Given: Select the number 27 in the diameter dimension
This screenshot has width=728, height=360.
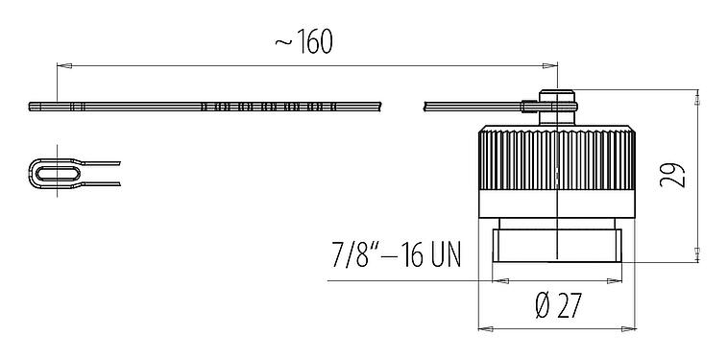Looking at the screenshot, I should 569,306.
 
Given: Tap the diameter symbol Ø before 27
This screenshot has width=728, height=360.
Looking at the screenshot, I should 540,306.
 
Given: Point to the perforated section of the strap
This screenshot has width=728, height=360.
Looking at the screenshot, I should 269,106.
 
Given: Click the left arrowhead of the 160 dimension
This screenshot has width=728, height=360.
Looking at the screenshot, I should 61,65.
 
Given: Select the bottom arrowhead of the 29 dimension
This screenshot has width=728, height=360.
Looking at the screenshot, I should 696,257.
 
